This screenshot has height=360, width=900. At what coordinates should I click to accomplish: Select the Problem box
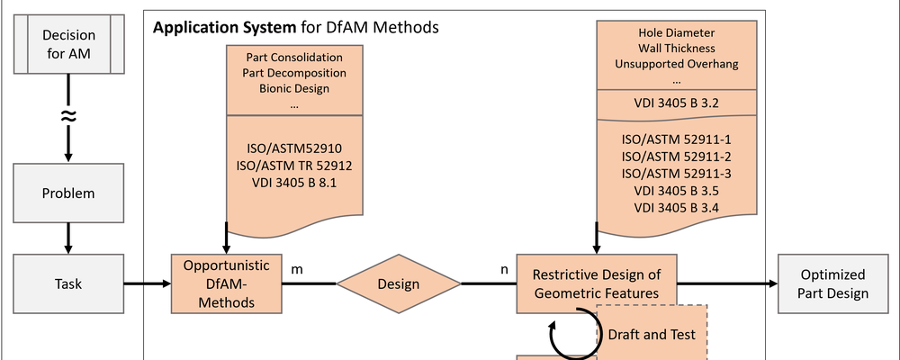[67, 193]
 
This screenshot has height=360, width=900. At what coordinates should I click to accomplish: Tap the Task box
[67, 283]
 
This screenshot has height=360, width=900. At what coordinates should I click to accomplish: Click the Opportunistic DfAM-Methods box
[225, 283]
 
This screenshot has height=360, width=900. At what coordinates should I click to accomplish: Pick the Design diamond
[399, 284]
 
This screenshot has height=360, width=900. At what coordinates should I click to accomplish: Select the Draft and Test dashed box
[652, 334]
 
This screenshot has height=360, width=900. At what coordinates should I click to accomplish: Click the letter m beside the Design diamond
[297, 268]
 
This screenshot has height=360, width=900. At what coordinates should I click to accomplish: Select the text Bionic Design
[294, 88]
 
